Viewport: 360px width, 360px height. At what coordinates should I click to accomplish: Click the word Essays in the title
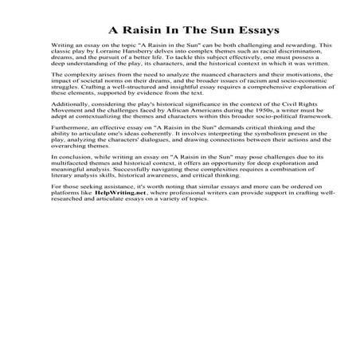[254, 30]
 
